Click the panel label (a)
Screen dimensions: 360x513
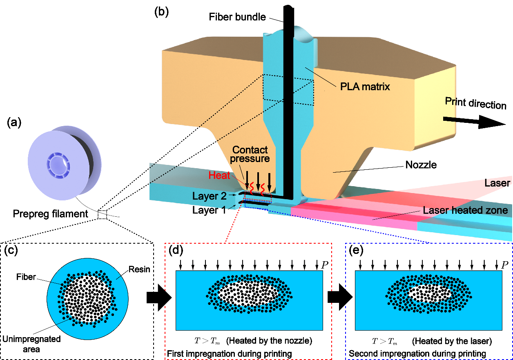(15, 122)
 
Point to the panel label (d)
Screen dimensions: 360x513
(176, 250)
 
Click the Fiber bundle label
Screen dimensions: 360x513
(237, 17)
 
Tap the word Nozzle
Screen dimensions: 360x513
(421, 165)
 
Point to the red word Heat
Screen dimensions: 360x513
(219, 176)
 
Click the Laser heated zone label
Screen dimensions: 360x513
(465, 211)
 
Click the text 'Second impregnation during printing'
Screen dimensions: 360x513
(417, 353)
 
